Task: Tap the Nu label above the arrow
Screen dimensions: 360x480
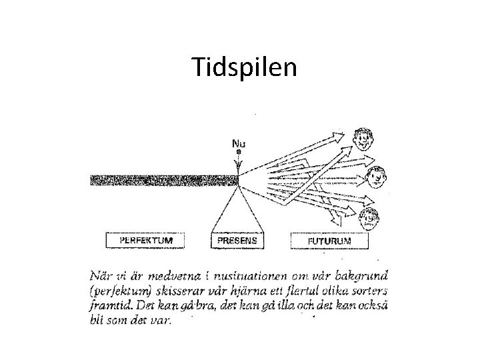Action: pyautogui.click(x=238, y=143)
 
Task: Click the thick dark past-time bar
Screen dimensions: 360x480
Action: pyautogui.click(x=164, y=181)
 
